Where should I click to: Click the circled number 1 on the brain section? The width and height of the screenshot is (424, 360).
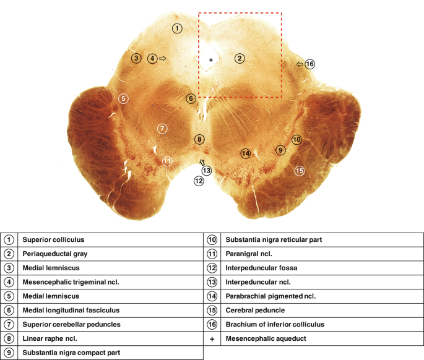click(x=178, y=28)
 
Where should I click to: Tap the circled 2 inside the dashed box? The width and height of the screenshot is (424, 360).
click(x=240, y=59)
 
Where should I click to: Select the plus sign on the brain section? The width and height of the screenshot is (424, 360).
click(x=212, y=59)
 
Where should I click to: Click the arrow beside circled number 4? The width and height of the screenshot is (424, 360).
click(x=163, y=59)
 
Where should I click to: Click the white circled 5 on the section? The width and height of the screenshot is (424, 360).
click(x=123, y=98)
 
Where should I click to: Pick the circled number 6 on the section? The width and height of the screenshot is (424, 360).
click(x=191, y=98)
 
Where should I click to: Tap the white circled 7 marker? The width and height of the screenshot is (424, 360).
click(x=162, y=129)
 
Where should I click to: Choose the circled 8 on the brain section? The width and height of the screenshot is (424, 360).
click(x=199, y=140)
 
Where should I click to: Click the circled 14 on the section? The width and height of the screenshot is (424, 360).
click(x=246, y=153)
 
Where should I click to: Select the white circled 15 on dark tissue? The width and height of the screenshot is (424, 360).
click(x=300, y=171)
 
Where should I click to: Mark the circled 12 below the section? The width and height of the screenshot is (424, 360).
click(x=199, y=181)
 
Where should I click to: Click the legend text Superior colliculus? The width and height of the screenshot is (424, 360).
click(x=53, y=239)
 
